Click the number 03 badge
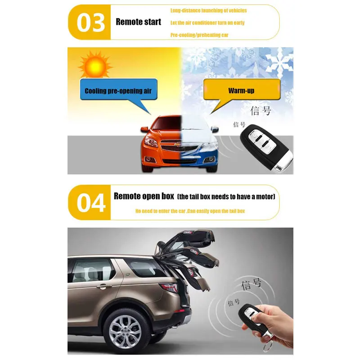click(x=90, y=22)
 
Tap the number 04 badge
click(x=90, y=202)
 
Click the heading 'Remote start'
click(x=138, y=22)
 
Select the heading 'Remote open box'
click(x=144, y=196)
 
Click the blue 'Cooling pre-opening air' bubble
click(x=118, y=90)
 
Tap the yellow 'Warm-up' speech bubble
click(x=241, y=90)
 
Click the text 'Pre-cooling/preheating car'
click(x=199, y=35)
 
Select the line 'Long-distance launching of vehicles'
click(x=208, y=10)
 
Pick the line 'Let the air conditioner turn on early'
click(x=207, y=22)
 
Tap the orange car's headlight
click(x=152, y=143)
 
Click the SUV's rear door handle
click(x=104, y=286)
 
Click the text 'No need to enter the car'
click(x=160, y=211)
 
